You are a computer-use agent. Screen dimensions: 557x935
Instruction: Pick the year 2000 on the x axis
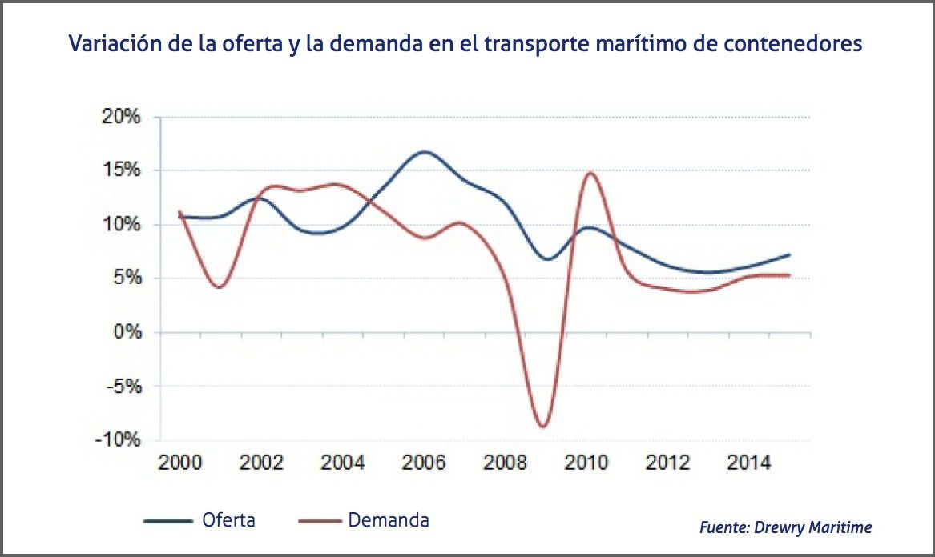click(179, 463)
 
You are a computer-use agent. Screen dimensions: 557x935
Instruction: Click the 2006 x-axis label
click(424, 463)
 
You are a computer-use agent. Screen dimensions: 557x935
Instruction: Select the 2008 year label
click(506, 463)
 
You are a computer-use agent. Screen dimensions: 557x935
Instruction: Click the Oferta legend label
click(229, 520)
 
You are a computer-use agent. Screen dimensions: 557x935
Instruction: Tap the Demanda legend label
click(389, 520)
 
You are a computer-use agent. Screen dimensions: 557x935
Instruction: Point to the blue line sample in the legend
click(169, 521)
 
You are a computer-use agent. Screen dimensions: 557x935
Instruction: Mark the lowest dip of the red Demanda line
click(543, 427)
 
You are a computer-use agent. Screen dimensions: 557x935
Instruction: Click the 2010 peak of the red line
click(589, 173)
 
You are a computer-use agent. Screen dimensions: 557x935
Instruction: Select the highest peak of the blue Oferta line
click(424, 151)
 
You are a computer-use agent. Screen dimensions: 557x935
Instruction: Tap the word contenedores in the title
click(792, 43)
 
